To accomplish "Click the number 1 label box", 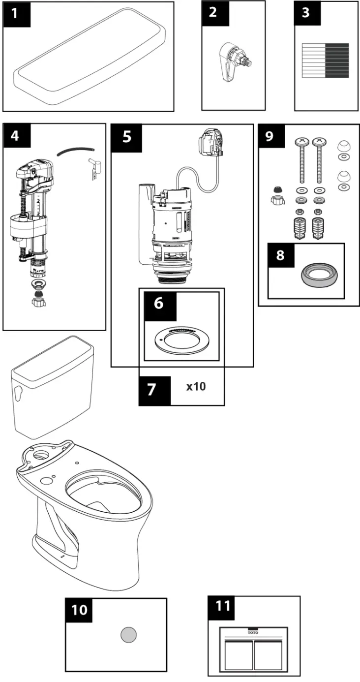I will tap(17, 14).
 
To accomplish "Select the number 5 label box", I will tap(127, 136).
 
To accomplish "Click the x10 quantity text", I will tap(196, 386).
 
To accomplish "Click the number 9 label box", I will tap(270, 136).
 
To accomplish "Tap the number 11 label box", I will tap(222, 606).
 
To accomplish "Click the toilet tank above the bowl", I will tap(52, 389).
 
